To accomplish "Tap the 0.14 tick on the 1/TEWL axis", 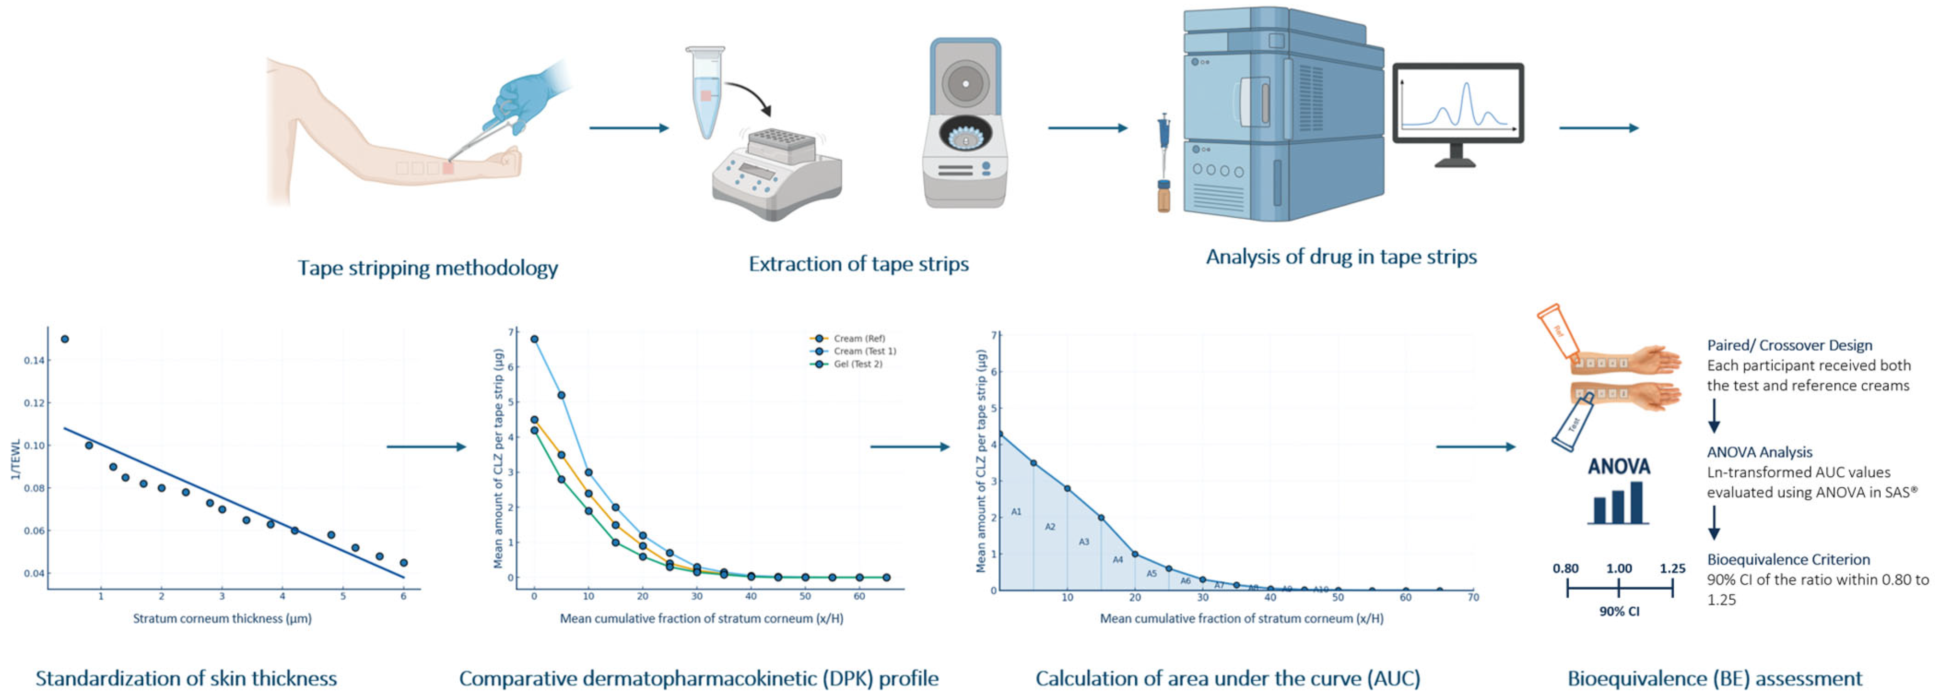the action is [x=34, y=360].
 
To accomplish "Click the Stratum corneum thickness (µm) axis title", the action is [x=223, y=619].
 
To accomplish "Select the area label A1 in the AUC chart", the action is [x=1016, y=512].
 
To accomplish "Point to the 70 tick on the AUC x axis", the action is [x=1473, y=597].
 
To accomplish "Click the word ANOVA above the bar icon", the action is [x=1619, y=467].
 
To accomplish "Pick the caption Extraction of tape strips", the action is [x=859, y=264].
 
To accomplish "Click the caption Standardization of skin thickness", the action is [x=186, y=679].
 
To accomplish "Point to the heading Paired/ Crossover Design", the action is [x=1789, y=345].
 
